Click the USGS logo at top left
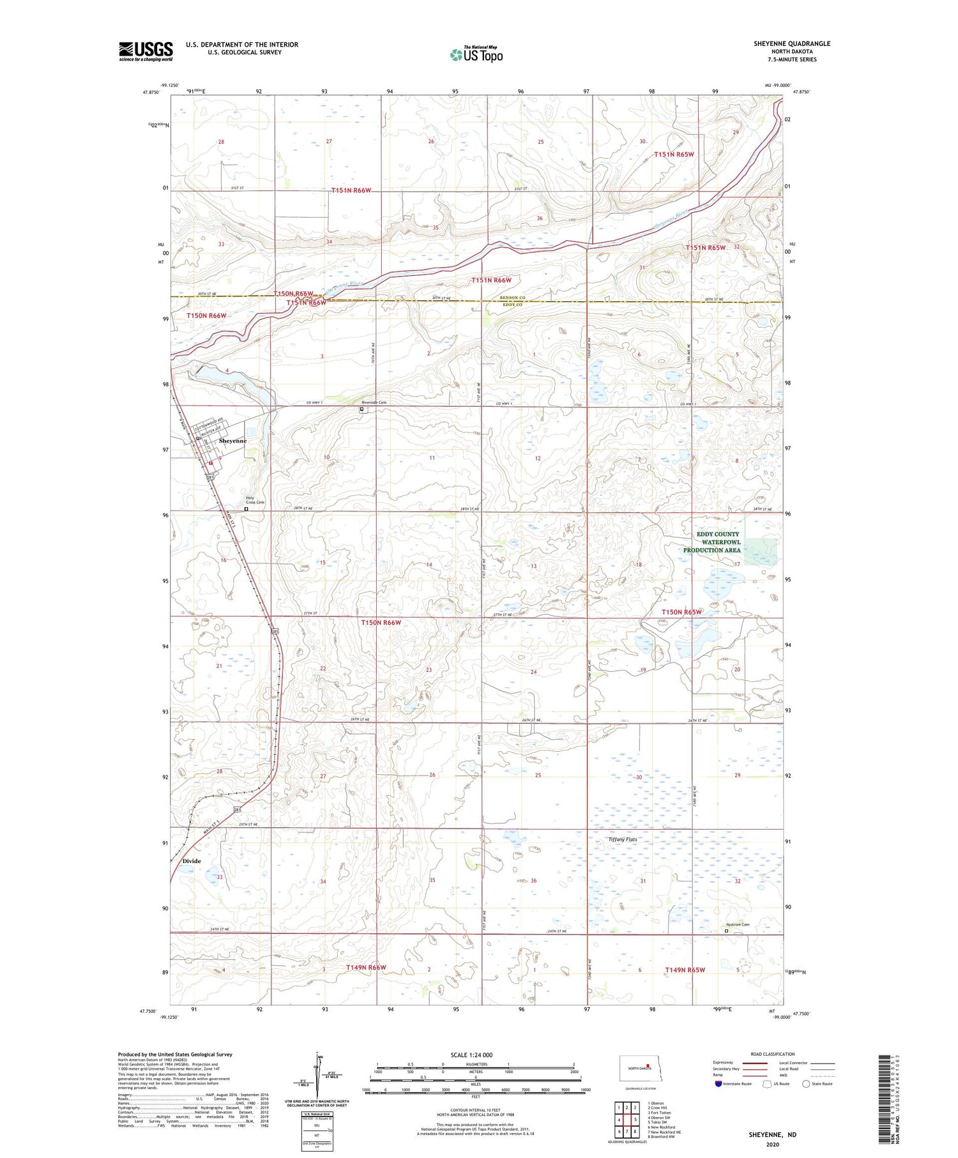coord(146,51)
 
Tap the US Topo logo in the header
coord(476,55)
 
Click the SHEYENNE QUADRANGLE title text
coord(791,43)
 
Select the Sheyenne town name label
coord(232,441)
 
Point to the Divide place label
coord(192,861)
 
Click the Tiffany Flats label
coord(623,839)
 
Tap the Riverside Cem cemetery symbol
coord(362,409)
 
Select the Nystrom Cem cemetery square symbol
coord(726,931)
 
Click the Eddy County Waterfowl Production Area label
coord(712,542)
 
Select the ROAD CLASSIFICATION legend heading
coord(773,1054)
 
